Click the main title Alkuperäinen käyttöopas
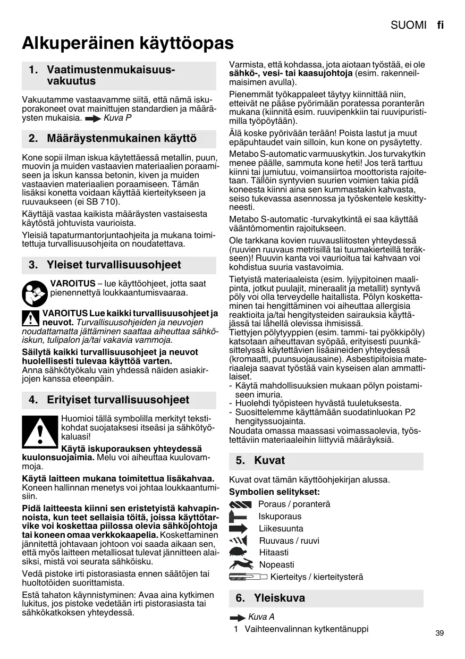tap(128, 43)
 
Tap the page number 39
tap(439, 633)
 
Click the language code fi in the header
tap(440, 25)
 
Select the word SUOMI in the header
tap(409, 25)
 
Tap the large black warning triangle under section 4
tap(40, 431)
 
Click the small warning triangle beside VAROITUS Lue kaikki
tap(31, 318)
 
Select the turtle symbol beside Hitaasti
tap(239, 553)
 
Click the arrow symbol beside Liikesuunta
tap(239, 529)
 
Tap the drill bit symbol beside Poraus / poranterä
tap(240, 504)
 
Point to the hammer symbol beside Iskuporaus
tap(239, 517)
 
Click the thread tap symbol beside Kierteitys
tap(248, 577)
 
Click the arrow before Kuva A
tap(238, 618)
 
